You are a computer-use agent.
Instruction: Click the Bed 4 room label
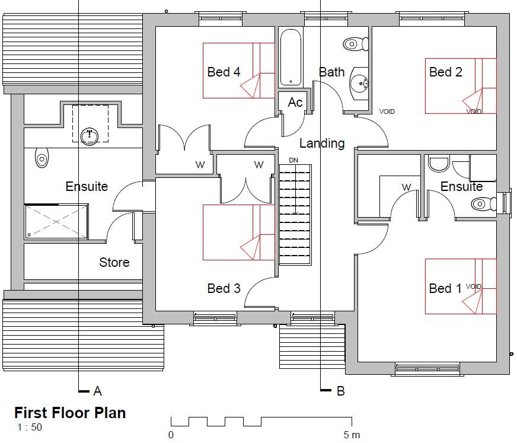pos(224,72)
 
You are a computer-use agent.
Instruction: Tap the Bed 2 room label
pos(445,72)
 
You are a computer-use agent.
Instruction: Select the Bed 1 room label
pos(445,289)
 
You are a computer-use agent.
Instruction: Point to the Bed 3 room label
pos(224,289)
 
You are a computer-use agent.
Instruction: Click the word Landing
pos(321,144)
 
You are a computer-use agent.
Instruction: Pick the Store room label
pos(114,262)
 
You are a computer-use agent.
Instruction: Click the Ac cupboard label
pos(295,103)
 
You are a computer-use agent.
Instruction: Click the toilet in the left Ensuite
pos(42,158)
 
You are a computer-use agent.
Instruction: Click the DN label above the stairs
pos(293,161)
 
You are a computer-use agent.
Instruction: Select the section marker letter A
pos(98,391)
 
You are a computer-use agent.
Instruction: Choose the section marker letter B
pos(340,391)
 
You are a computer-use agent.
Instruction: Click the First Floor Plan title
pos(70,413)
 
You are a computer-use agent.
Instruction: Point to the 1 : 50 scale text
pos(30,427)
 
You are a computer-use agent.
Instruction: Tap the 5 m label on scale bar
pos(352,435)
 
